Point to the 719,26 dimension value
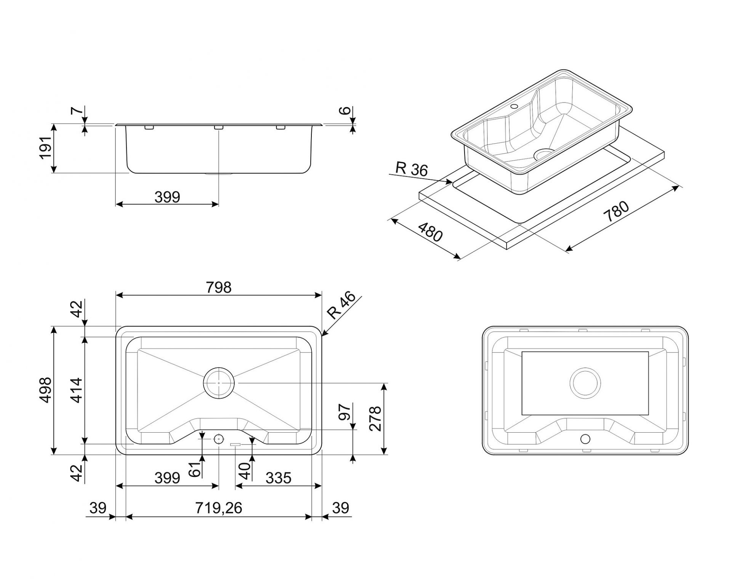[218, 508]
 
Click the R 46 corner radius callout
[341, 306]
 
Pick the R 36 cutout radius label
[412, 169]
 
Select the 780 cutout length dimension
[616, 212]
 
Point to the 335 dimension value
[278, 478]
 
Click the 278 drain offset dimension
[375, 418]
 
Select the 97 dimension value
[344, 412]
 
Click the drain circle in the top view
[219, 383]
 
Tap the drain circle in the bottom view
[585, 384]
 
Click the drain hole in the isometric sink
[543, 154]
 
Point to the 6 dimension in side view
[345, 110]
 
